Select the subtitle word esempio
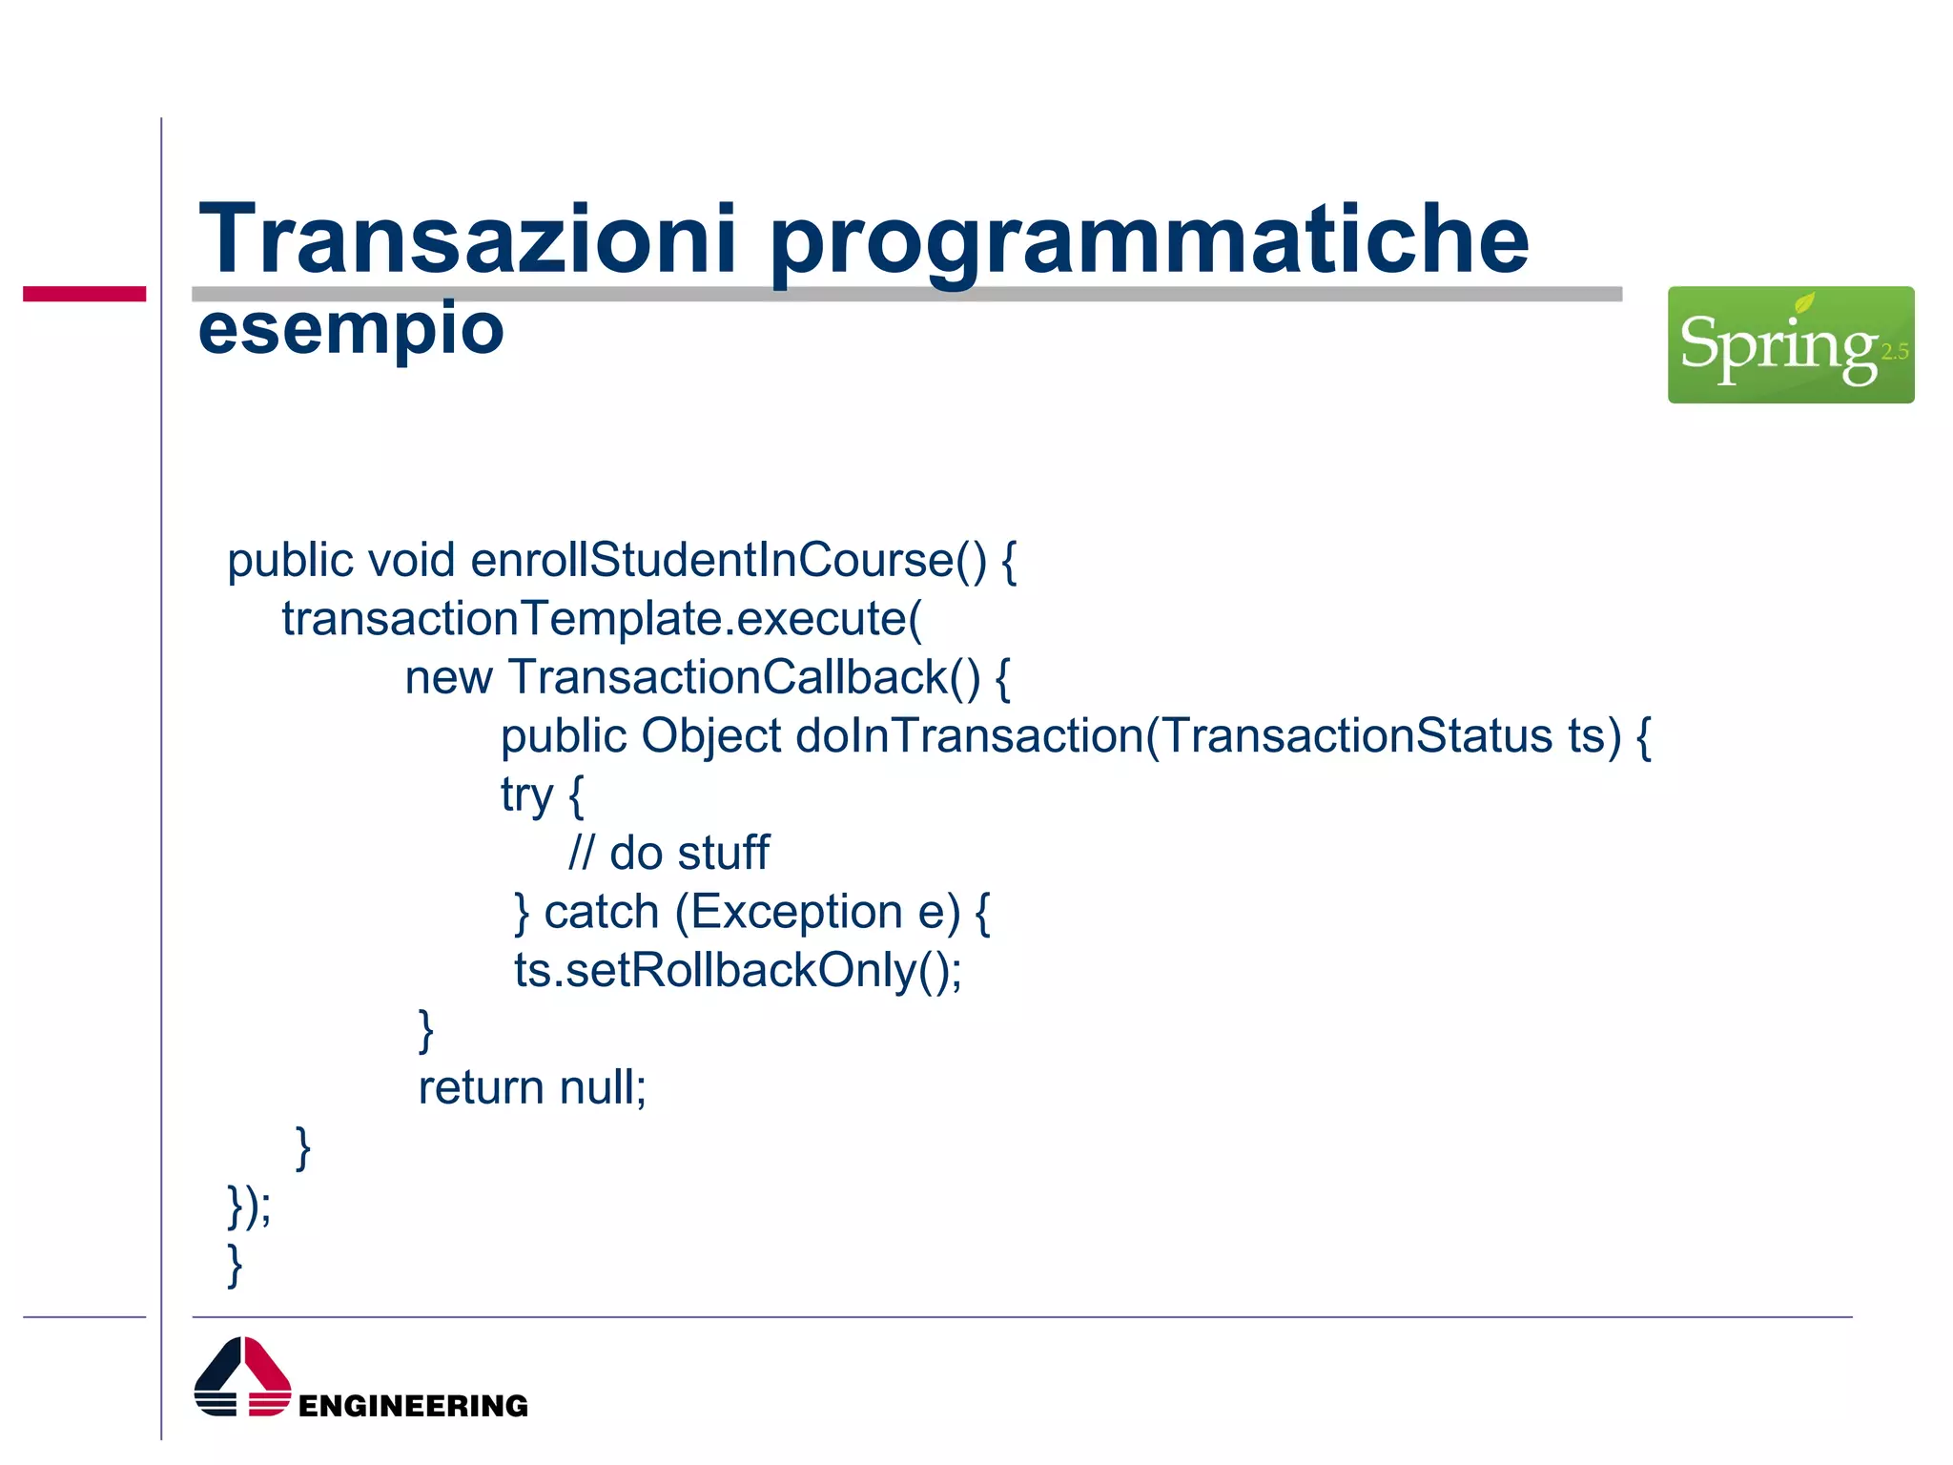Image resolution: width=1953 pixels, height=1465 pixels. [350, 329]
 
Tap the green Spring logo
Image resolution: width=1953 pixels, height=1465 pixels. [1789, 344]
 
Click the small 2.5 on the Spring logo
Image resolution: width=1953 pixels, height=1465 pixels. [1894, 352]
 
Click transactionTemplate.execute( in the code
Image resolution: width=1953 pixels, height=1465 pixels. [602, 619]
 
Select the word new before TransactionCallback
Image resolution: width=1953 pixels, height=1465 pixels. [448, 678]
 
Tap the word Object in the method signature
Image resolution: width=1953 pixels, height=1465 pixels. [710, 736]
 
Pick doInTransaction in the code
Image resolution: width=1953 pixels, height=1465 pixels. [968, 736]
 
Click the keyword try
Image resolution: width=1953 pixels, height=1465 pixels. [526, 795]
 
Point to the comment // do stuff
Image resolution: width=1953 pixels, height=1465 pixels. [668, 853]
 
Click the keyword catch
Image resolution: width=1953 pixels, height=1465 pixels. [601, 912]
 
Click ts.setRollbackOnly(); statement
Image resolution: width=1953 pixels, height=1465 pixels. [737, 971]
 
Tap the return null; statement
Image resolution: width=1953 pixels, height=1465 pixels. [532, 1087]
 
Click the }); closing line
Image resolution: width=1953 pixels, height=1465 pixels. [249, 1206]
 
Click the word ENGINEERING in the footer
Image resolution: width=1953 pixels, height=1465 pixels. [413, 1406]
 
